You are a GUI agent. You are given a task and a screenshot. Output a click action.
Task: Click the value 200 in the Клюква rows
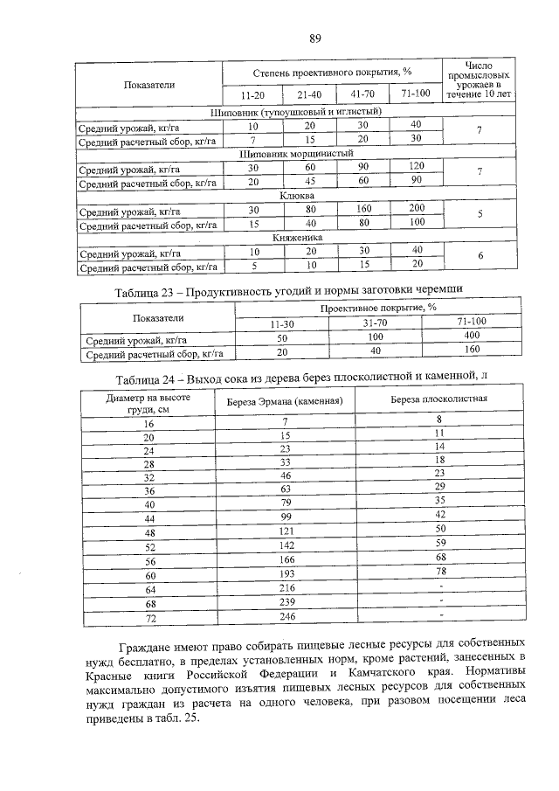pos(416,209)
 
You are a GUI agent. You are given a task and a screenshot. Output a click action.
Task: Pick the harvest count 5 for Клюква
pos(479,216)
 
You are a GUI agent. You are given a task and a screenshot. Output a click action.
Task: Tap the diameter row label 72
pos(148,618)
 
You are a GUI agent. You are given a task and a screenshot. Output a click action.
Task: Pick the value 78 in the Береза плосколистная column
pos(440,571)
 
